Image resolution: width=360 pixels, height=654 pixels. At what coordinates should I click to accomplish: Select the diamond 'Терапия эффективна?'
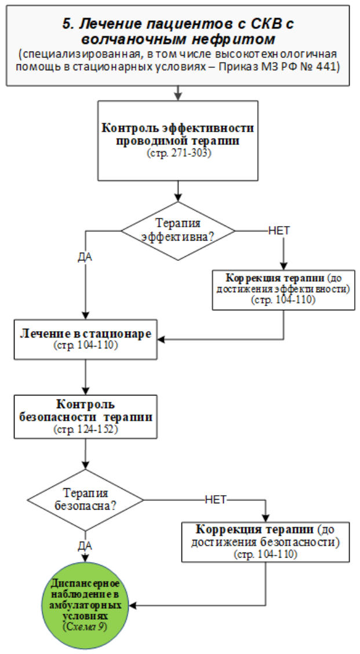177,230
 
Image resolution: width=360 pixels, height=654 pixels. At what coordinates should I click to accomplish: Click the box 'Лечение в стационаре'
86,339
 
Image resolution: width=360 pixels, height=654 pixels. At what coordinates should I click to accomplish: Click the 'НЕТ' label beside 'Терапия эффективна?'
279,230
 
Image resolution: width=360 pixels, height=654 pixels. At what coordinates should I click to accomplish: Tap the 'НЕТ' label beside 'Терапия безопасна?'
214,499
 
